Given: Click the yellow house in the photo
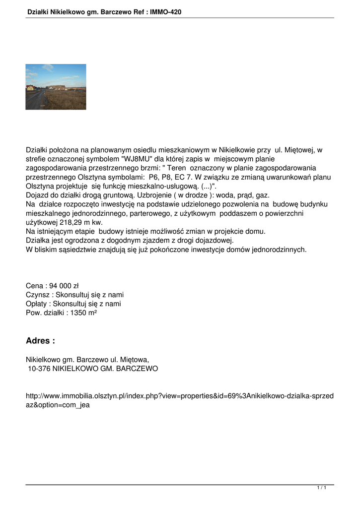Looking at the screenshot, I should click(30, 88).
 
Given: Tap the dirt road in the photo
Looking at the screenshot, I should click(34, 101).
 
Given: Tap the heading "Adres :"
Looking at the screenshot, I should click(40, 341).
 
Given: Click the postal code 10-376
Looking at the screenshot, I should click(39, 369).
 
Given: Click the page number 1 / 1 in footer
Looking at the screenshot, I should click(321, 488).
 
